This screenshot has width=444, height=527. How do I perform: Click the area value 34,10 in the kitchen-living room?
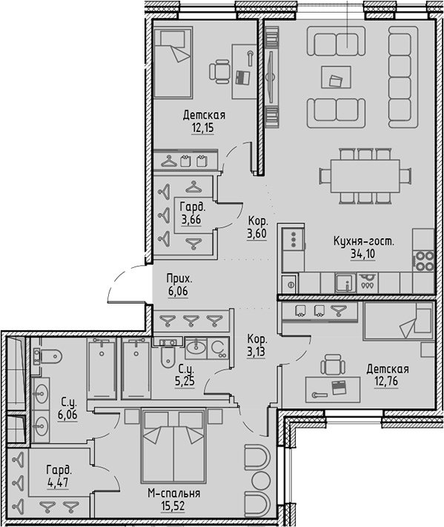click(362, 254)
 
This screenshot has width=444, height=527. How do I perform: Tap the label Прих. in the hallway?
click(179, 279)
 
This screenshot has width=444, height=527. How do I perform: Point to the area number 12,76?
click(387, 382)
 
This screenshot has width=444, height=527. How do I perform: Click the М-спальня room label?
click(174, 493)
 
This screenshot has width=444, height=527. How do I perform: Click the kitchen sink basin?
click(343, 283)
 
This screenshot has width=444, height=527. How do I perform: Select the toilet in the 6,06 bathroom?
click(47, 359)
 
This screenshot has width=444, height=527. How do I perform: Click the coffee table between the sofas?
click(336, 75)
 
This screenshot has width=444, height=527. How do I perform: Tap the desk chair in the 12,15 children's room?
click(221, 71)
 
